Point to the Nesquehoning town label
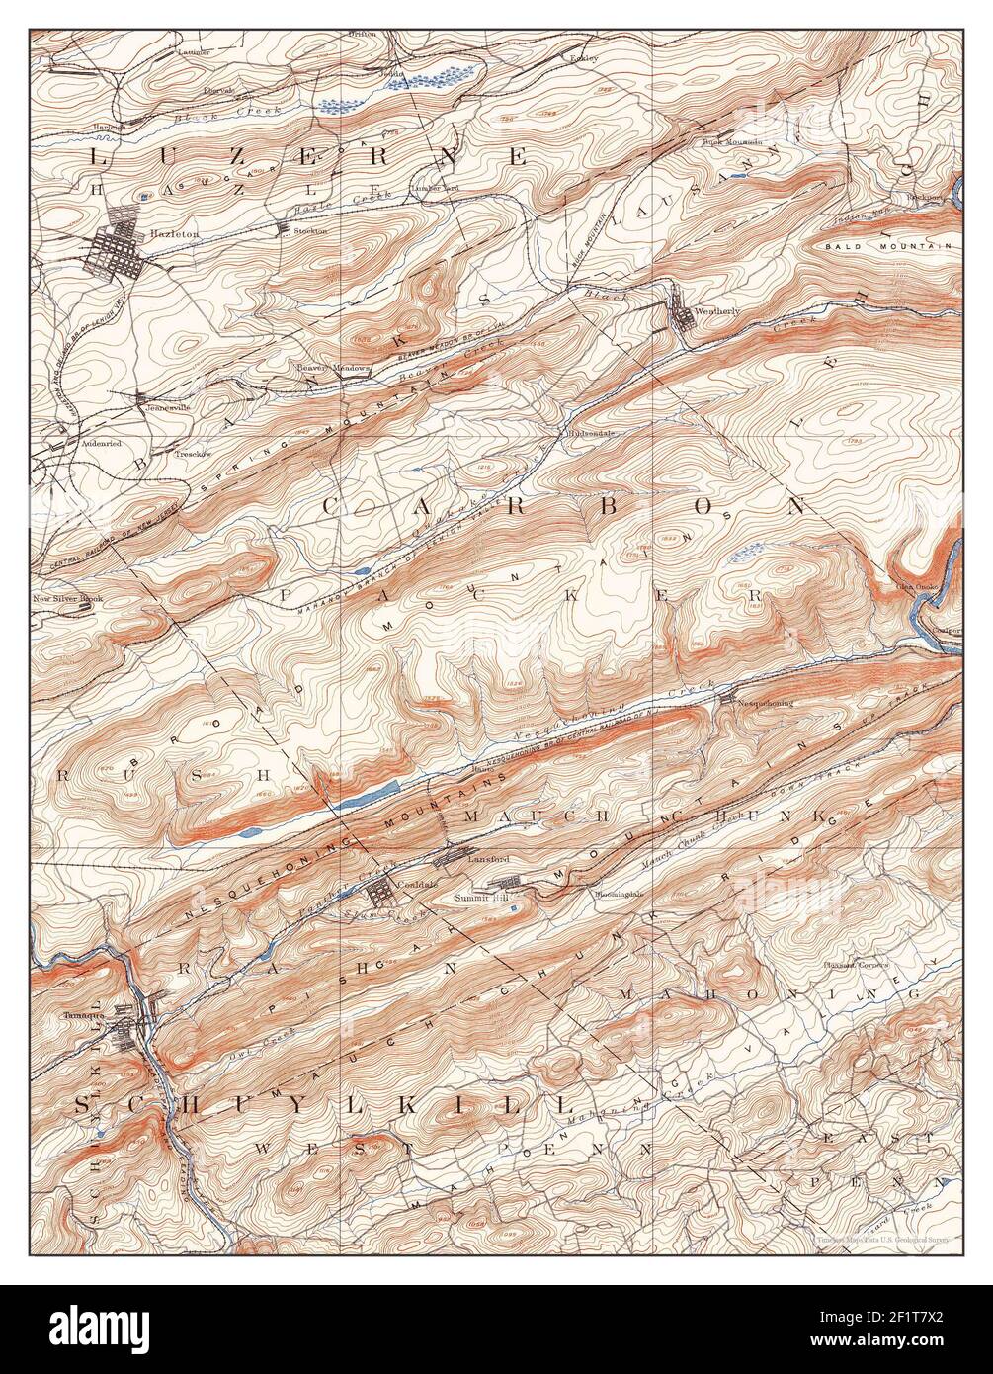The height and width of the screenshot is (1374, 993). click(x=766, y=702)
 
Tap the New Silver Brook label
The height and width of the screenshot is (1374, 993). click(x=67, y=598)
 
